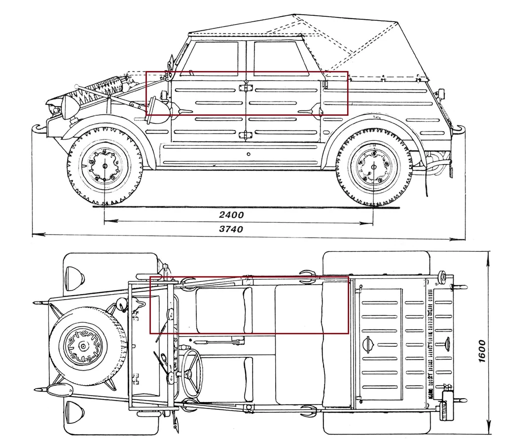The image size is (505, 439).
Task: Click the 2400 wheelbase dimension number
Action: (x=232, y=215)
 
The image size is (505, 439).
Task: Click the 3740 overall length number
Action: (x=231, y=229)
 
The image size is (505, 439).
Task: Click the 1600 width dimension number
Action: (x=482, y=351)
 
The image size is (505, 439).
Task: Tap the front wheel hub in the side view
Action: (x=105, y=166)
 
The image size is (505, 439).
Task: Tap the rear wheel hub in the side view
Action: (x=373, y=167)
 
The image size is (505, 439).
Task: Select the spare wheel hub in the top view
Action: (x=83, y=346)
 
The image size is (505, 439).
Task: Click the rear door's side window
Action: (x=278, y=58)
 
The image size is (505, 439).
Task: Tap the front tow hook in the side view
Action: (x=37, y=130)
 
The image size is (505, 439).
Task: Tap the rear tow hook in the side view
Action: (x=460, y=129)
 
